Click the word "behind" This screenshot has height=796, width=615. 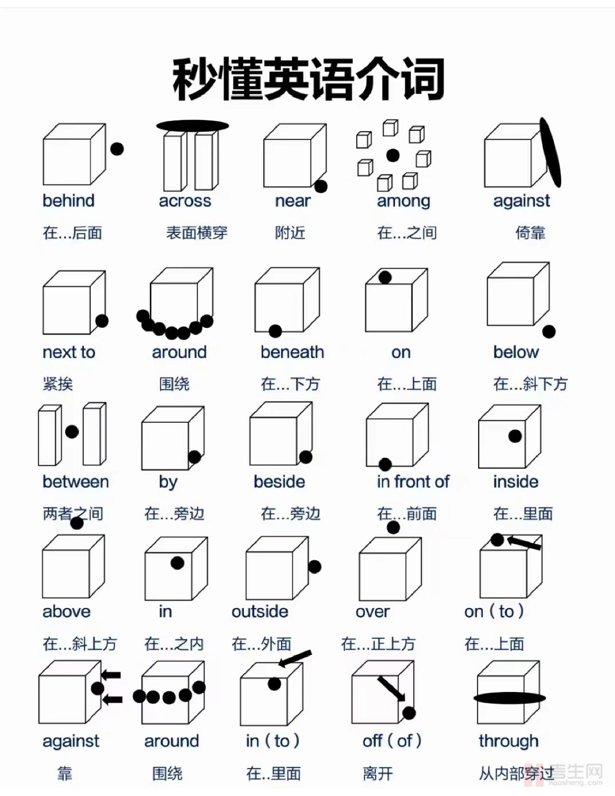[x=69, y=200]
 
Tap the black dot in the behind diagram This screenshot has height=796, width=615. [x=117, y=149]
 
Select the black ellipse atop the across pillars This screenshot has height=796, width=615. [x=193, y=126]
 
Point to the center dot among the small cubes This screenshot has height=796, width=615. [x=393, y=155]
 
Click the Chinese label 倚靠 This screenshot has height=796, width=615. [x=530, y=233]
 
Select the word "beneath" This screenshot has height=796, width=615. [x=292, y=352]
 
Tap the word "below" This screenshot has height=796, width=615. [x=516, y=352]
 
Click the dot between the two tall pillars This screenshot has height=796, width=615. [x=72, y=431]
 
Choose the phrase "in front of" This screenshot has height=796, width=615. [x=413, y=482]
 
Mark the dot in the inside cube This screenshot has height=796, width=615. [x=515, y=436]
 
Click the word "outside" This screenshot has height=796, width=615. [x=260, y=611]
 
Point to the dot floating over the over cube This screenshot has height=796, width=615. [x=393, y=527]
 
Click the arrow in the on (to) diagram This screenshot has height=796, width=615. [x=523, y=542]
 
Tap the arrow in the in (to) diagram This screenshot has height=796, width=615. [x=295, y=659]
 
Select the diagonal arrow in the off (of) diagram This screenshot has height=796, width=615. [x=391, y=689]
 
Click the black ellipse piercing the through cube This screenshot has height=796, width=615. [x=510, y=698]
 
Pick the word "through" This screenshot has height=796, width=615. [x=509, y=742]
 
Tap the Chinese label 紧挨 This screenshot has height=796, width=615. [x=58, y=384]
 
